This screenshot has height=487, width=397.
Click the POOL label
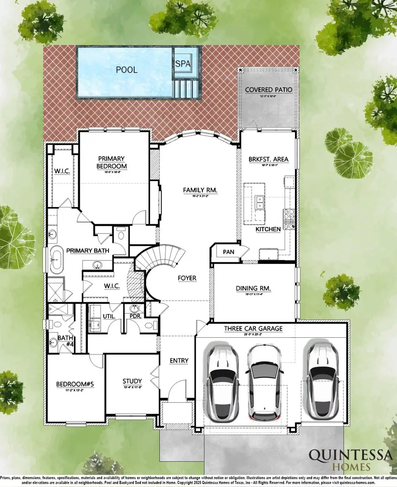[126, 70]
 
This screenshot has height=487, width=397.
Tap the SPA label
[183, 64]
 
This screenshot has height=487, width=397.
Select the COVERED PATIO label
[269, 90]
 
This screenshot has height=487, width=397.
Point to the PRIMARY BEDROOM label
[112, 162]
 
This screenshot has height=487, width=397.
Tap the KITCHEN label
[268, 229]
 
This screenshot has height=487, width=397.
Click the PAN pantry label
[228, 251]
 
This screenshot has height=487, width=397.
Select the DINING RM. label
[253, 289]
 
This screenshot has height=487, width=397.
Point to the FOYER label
[187, 278]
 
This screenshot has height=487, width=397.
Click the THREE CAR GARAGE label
[253, 328]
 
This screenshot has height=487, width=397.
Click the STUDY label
[132, 381]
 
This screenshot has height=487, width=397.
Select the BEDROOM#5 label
[75, 384]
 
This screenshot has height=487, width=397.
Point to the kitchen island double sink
[260, 201]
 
